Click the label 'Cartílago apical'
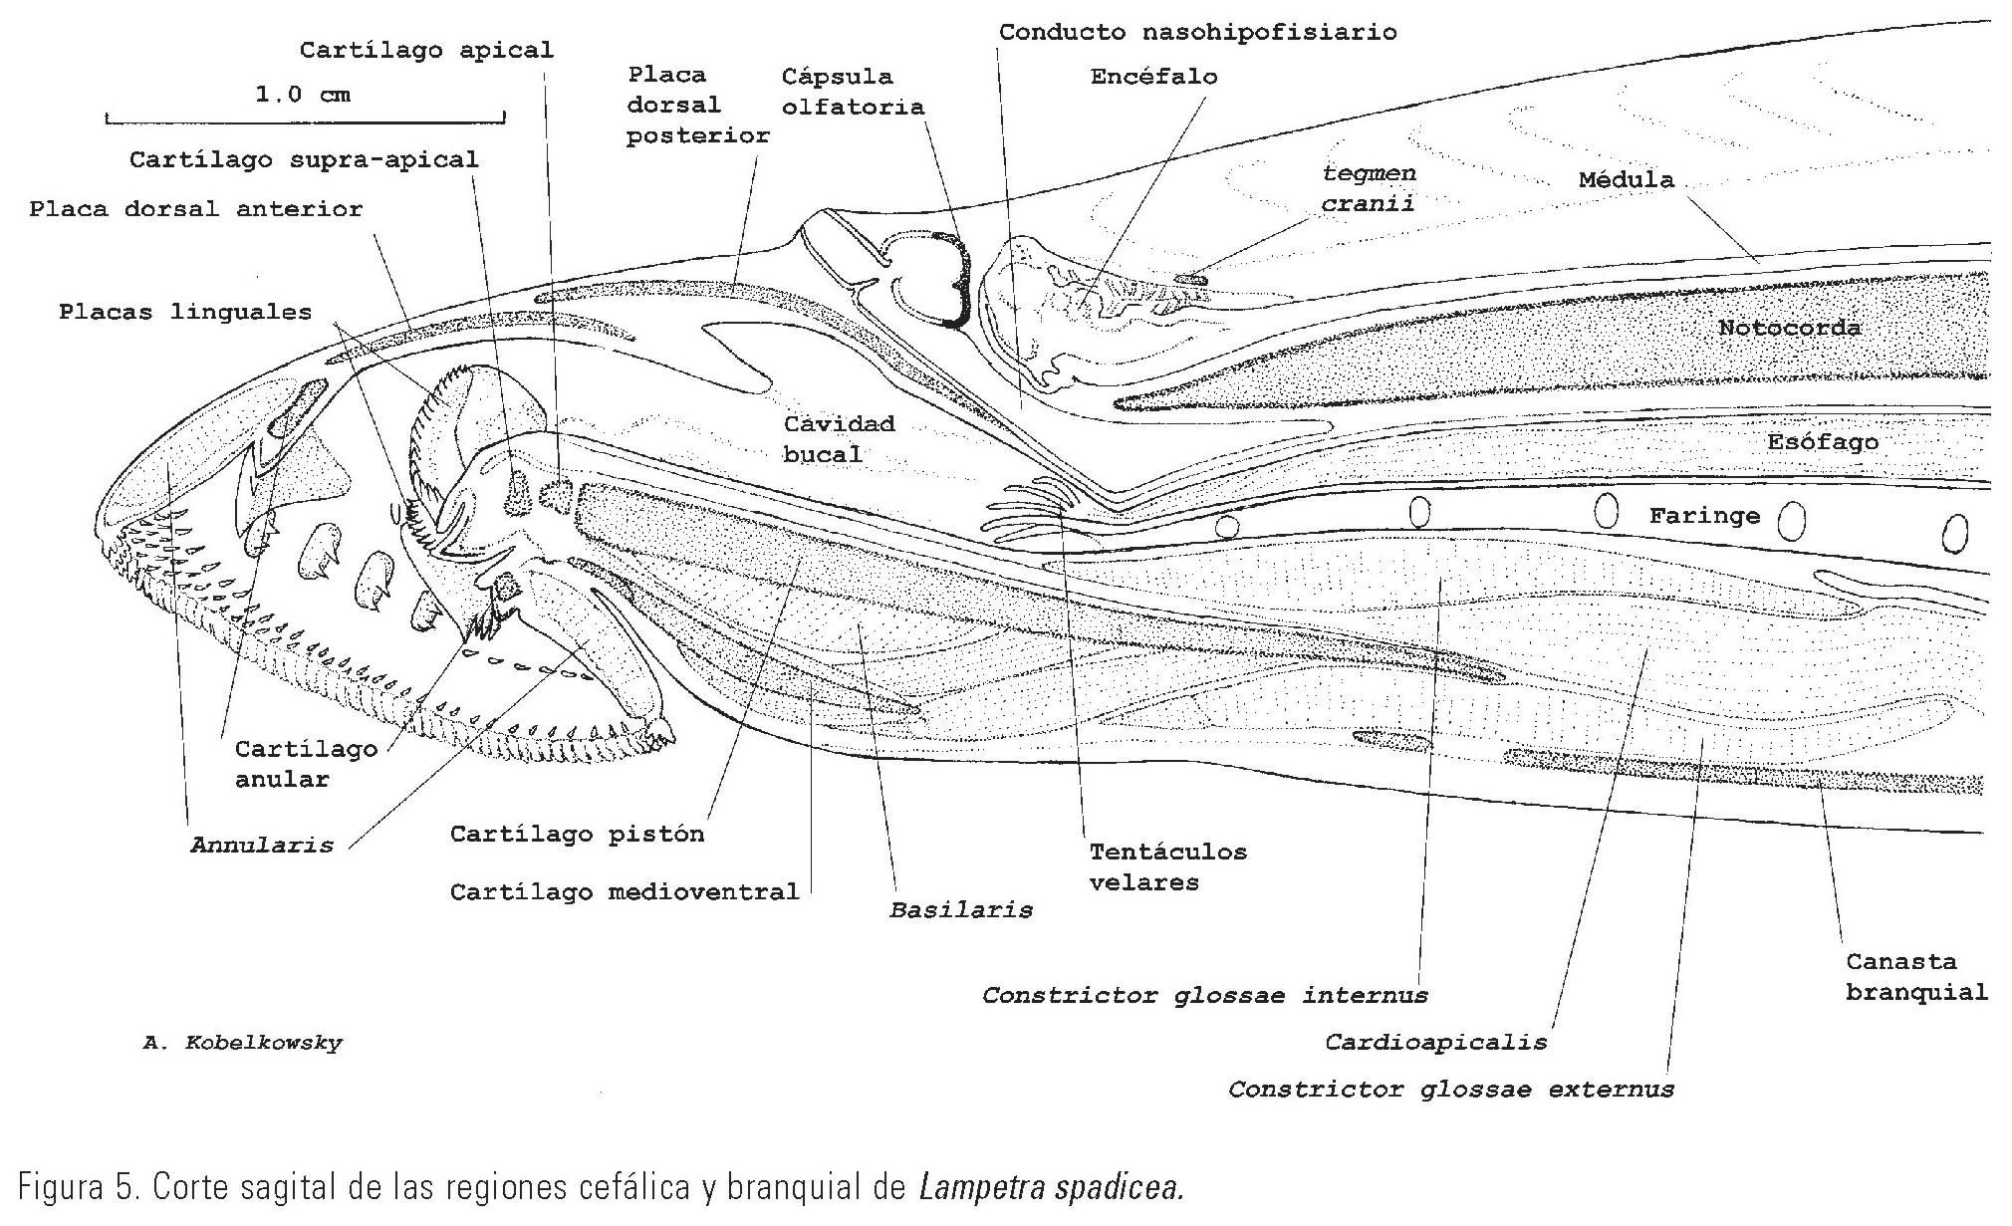click(x=426, y=50)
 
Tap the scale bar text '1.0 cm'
click(x=304, y=95)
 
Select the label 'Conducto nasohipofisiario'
click(x=1197, y=32)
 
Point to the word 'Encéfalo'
click(x=1153, y=77)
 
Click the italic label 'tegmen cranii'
click(x=1368, y=188)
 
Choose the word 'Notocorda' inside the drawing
click(x=1789, y=328)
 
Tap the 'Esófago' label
click(x=1823, y=441)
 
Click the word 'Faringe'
click(x=1704, y=516)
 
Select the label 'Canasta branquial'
click(x=1915, y=977)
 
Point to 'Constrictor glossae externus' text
click(x=1450, y=1090)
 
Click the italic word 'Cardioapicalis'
click(x=1435, y=1043)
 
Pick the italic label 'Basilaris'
click(x=960, y=909)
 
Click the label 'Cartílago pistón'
click(x=577, y=834)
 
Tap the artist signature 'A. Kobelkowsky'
click(x=242, y=1044)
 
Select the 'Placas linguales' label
click(x=185, y=312)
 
